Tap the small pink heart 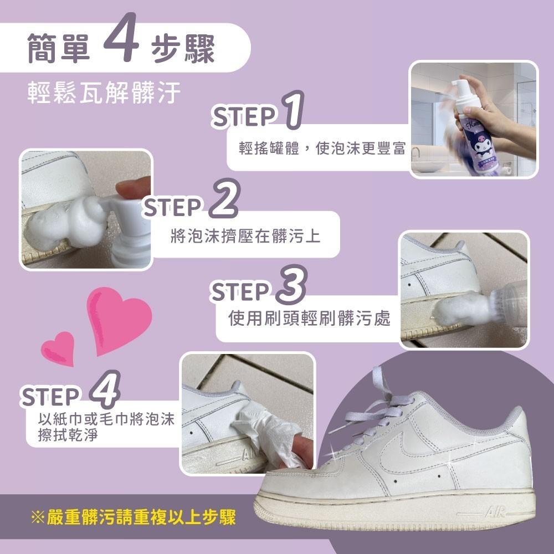coord(58,348)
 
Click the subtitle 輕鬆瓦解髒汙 coord(105,94)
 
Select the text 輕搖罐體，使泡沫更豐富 coord(322,149)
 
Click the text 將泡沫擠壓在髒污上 coord(245,237)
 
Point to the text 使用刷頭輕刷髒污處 coord(309,319)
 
